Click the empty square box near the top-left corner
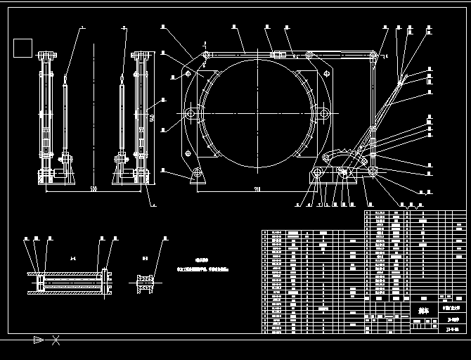(22, 48)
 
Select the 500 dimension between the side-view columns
(93, 189)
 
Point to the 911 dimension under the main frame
(257, 188)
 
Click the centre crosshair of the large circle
(257, 114)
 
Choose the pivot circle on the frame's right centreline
(324, 114)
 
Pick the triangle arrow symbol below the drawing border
(39, 340)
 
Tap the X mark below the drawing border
(56, 340)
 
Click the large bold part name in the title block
(422, 309)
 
